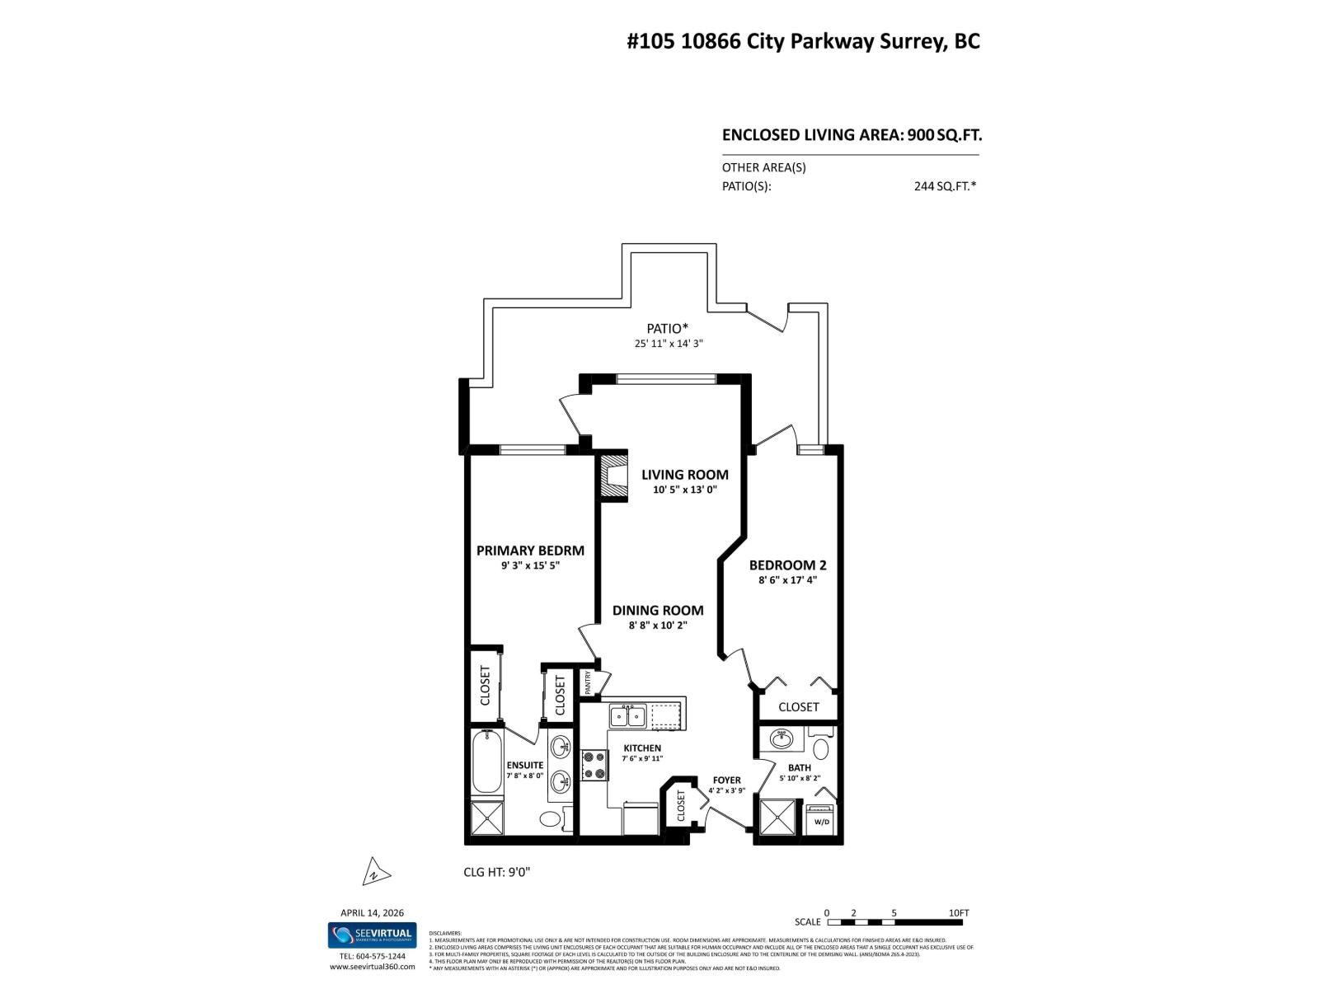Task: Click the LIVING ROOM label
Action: [685, 475]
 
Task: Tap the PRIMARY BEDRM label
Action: [530, 551]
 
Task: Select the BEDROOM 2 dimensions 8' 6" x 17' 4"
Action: [787, 579]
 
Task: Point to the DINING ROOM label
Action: [658, 611]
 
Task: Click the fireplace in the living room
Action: [612, 475]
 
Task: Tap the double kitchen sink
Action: [628, 715]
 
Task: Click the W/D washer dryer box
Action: [822, 821]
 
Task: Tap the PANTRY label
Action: [589, 682]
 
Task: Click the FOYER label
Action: [726, 780]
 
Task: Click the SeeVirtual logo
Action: [373, 935]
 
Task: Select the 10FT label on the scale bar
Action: [959, 912]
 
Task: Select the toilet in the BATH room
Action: [821, 749]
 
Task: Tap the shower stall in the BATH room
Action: [779, 819]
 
